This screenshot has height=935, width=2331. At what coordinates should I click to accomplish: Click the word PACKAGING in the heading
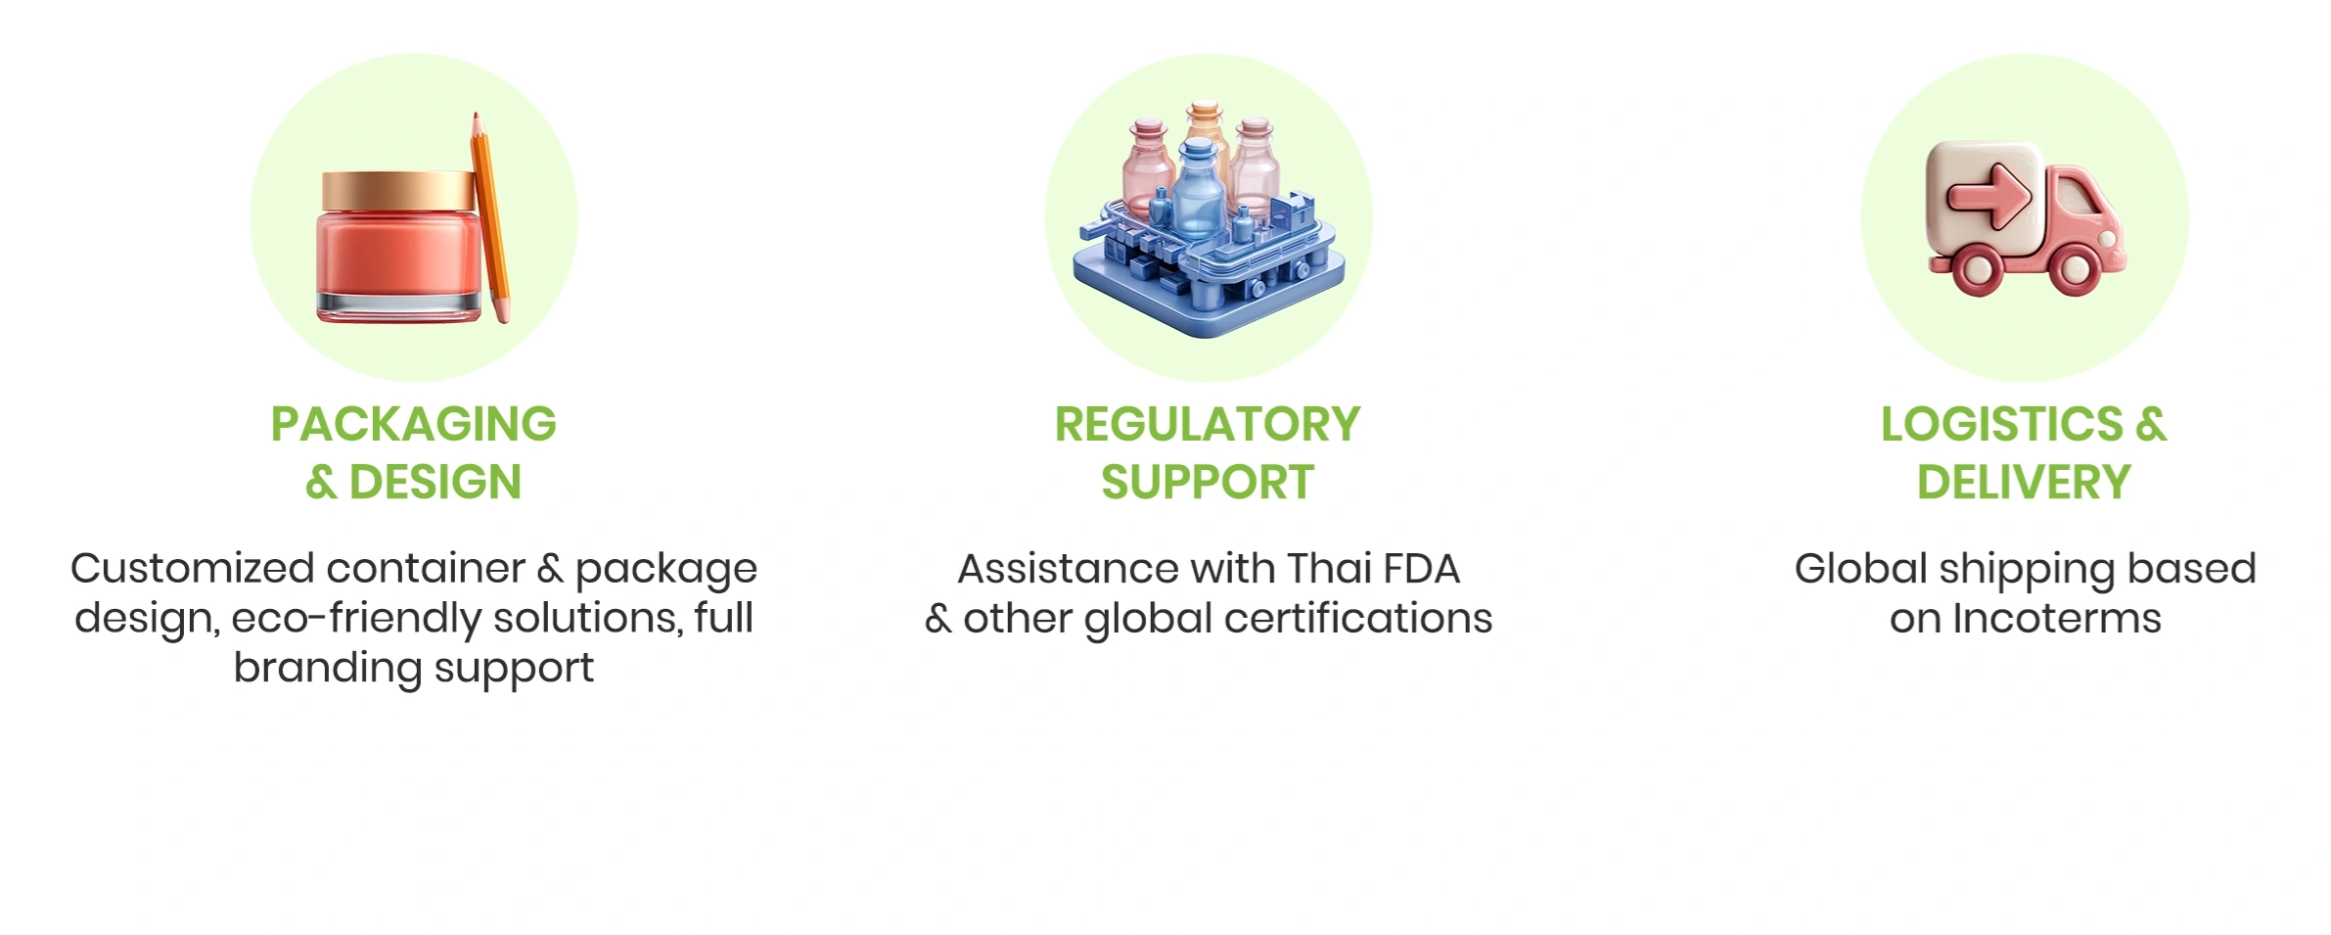click(x=414, y=424)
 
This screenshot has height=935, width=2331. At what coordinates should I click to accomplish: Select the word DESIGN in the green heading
click(x=435, y=482)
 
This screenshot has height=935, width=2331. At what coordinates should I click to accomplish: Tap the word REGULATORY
click(x=1208, y=424)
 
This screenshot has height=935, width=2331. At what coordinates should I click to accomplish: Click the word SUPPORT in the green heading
click(x=1208, y=482)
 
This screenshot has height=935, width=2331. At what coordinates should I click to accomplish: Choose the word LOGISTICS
click(x=2002, y=424)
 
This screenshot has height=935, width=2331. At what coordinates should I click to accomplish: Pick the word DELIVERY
click(x=2024, y=482)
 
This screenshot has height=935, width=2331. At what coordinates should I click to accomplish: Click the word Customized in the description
click(x=193, y=569)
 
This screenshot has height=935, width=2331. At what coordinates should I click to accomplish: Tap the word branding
click(x=328, y=669)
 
